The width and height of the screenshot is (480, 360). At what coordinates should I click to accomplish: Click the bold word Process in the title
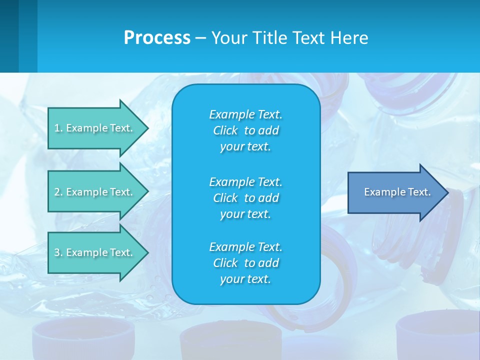pos(157,38)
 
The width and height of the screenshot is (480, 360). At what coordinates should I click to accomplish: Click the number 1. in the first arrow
pos(58,128)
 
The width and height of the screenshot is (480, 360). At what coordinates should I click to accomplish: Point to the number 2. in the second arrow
pos(58,192)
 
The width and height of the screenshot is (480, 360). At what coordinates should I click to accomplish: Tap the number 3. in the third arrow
pos(58,252)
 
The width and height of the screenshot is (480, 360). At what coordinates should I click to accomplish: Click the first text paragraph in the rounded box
pos(245,130)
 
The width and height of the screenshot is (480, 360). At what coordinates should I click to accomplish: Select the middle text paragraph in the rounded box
pos(245,197)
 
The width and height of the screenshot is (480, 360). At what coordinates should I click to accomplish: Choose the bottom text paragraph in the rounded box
pos(245,263)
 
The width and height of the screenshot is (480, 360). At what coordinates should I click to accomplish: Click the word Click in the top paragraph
pos(225,130)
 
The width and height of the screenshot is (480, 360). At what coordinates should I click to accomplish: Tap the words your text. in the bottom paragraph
pos(245,279)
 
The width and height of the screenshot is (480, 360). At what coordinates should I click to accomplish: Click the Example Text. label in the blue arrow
pos(397,192)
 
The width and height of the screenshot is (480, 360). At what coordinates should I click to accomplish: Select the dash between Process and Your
pos(200,38)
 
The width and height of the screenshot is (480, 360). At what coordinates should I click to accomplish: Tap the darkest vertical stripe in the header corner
pos(9,36)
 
